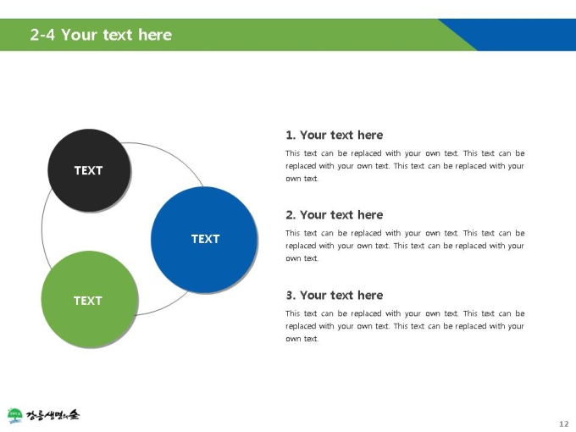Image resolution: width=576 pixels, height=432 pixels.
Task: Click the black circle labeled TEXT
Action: [x=89, y=170]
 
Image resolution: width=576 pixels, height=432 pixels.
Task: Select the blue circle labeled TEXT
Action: [x=204, y=240]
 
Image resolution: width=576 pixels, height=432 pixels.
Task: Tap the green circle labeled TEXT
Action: [x=90, y=299]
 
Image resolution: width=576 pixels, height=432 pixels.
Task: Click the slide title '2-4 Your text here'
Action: [x=101, y=35]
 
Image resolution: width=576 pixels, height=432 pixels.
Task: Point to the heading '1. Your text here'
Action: [x=335, y=136]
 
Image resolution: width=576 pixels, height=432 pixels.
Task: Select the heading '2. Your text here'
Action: [x=335, y=215]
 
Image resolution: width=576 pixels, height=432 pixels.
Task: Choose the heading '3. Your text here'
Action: [x=335, y=296]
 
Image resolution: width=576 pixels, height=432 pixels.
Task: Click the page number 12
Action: [x=564, y=424]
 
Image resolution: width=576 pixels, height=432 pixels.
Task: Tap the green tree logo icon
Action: [x=14, y=415]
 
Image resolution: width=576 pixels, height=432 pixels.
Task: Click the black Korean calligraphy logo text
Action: [x=53, y=415]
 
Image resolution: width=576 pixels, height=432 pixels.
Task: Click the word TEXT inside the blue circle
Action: [x=205, y=239]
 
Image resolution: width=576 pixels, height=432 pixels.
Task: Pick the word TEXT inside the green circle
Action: [x=88, y=301]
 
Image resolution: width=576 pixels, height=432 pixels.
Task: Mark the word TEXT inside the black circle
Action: [x=89, y=170]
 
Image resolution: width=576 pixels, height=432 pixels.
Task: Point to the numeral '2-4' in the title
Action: [x=42, y=35]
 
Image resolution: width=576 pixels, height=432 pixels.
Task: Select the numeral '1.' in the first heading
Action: [x=291, y=136]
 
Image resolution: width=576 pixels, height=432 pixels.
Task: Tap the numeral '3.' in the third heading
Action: [x=291, y=296]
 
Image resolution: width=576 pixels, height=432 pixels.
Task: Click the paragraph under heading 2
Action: [x=405, y=246]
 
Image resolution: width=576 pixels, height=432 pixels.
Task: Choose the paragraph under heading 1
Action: [x=405, y=166]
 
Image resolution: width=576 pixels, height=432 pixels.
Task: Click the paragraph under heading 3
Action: [x=405, y=326]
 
